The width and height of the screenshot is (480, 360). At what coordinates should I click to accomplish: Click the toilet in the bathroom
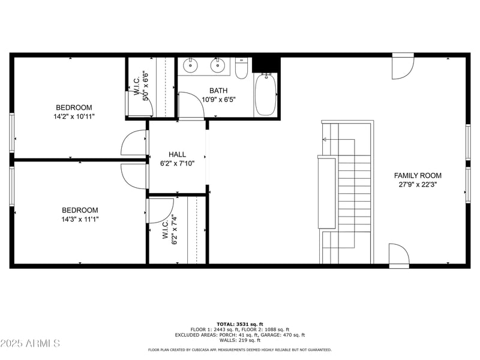241,68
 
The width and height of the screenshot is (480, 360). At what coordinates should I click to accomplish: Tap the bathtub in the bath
265,95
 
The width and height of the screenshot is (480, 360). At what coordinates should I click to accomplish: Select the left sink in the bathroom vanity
190,65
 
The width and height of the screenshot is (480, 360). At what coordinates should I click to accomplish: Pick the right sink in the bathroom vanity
218,65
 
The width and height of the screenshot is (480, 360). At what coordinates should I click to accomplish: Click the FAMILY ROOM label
418,175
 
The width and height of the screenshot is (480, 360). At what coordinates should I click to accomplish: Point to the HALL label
177,154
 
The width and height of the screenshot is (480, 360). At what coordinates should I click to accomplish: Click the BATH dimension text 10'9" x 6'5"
218,100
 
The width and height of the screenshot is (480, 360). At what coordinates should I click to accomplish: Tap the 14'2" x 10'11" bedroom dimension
74,116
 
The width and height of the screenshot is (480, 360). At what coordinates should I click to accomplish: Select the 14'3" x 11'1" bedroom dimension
80,219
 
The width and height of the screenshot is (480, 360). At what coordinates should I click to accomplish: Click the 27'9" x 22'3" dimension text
418,184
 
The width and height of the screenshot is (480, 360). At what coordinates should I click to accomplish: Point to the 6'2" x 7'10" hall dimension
177,163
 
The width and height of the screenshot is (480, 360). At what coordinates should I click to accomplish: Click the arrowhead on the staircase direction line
325,140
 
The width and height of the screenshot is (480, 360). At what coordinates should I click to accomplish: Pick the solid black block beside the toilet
266,65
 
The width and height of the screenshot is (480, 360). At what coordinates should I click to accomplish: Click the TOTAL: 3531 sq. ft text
240,324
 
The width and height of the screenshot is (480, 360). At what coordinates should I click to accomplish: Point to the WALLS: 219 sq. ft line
240,340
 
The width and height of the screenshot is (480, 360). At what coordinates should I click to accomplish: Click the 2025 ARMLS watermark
30,343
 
